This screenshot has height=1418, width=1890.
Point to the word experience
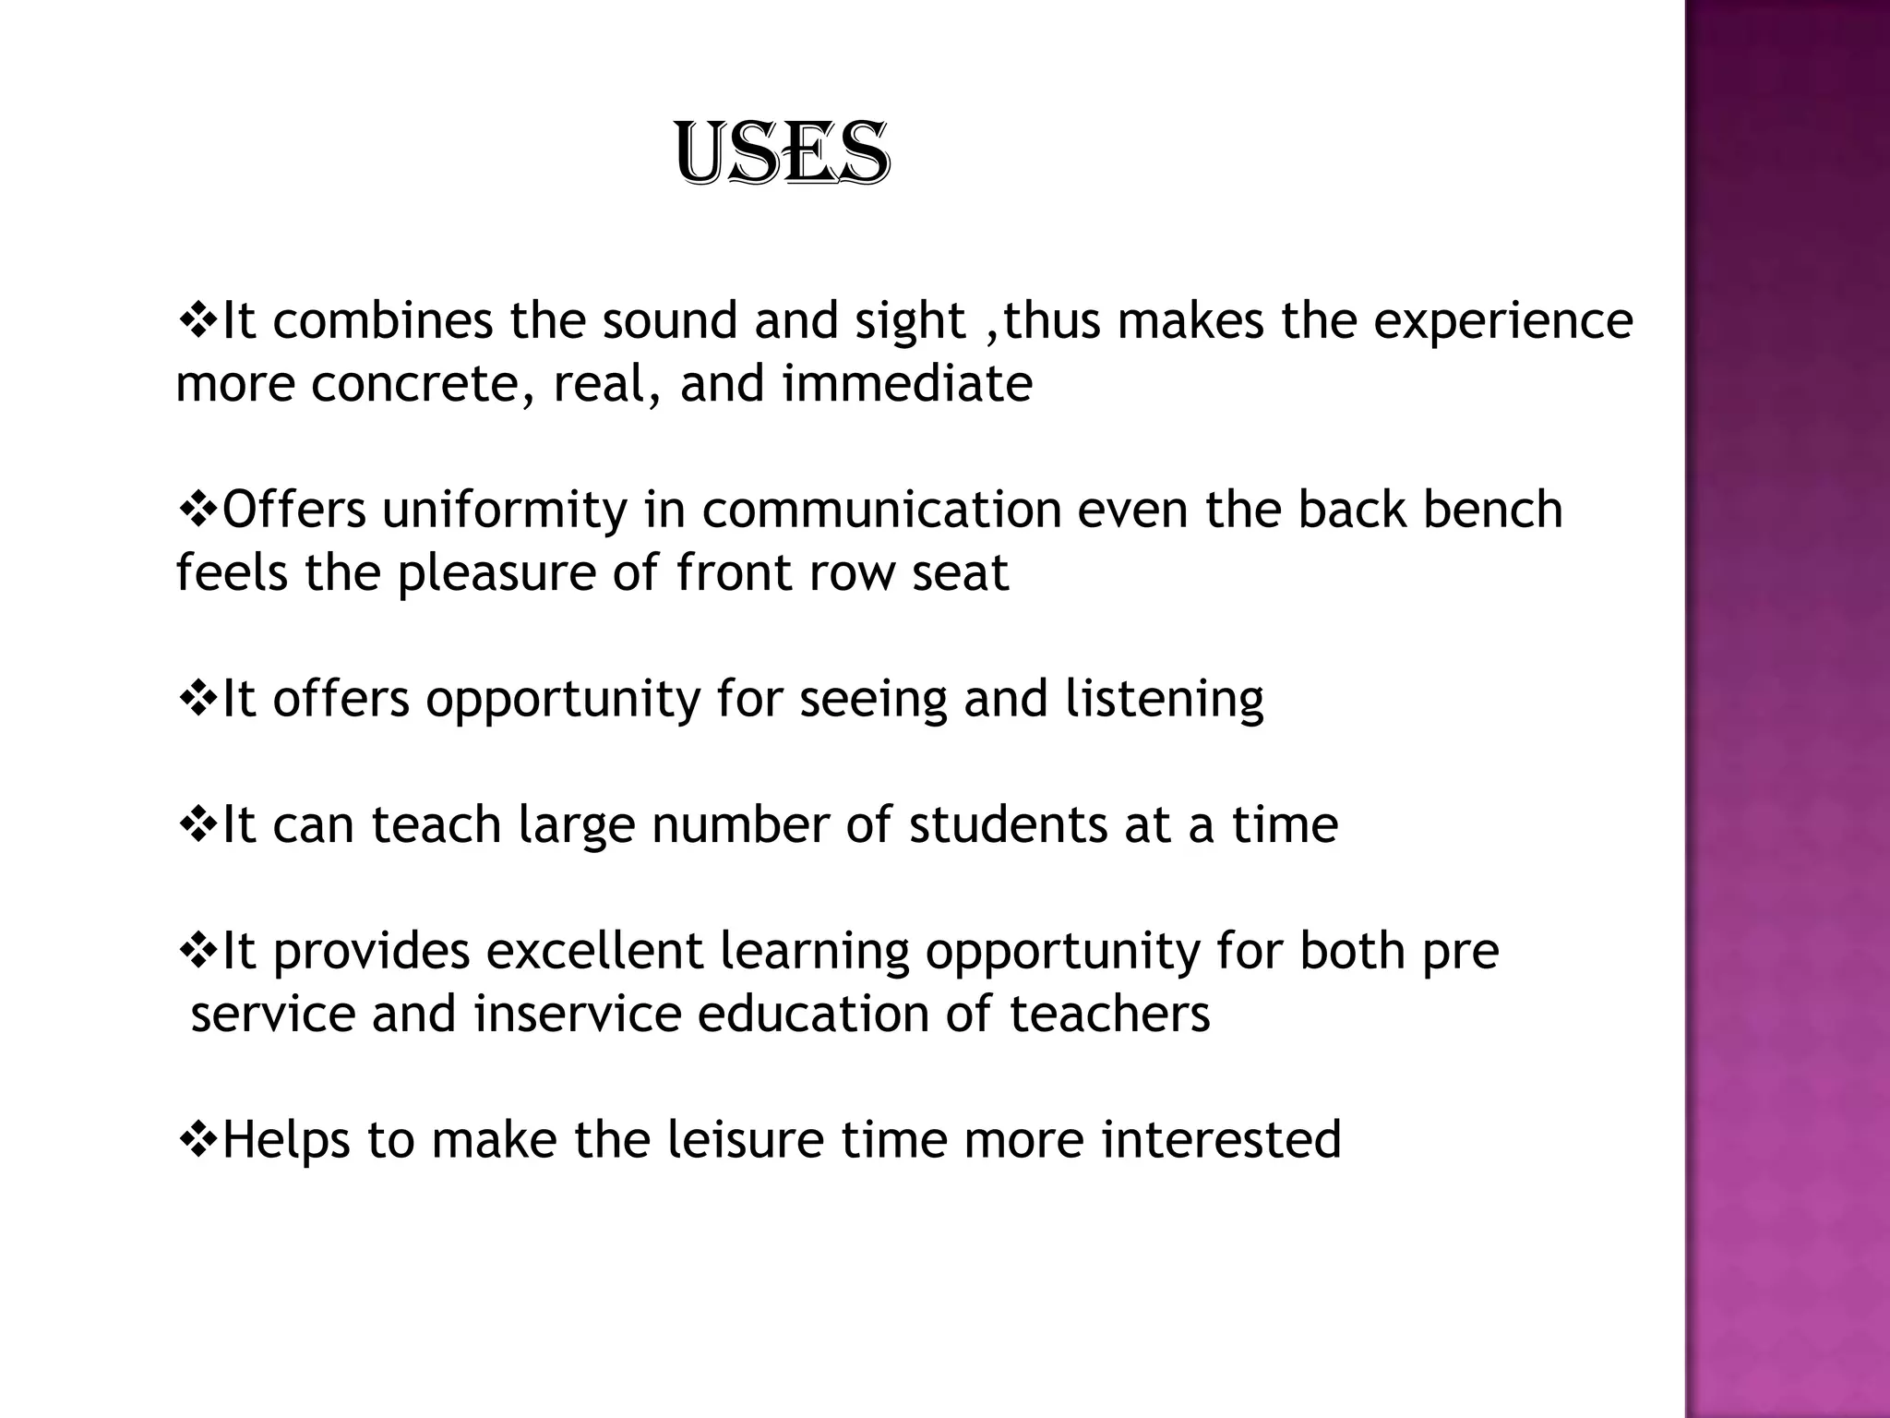click(x=1503, y=323)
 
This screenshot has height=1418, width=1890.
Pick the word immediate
click(x=907, y=384)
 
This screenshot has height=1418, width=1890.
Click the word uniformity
click(x=504, y=511)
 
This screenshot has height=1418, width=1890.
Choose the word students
click(x=1008, y=824)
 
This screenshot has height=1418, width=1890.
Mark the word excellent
click(x=594, y=951)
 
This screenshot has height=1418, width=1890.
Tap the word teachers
click(x=1109, y=1014)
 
